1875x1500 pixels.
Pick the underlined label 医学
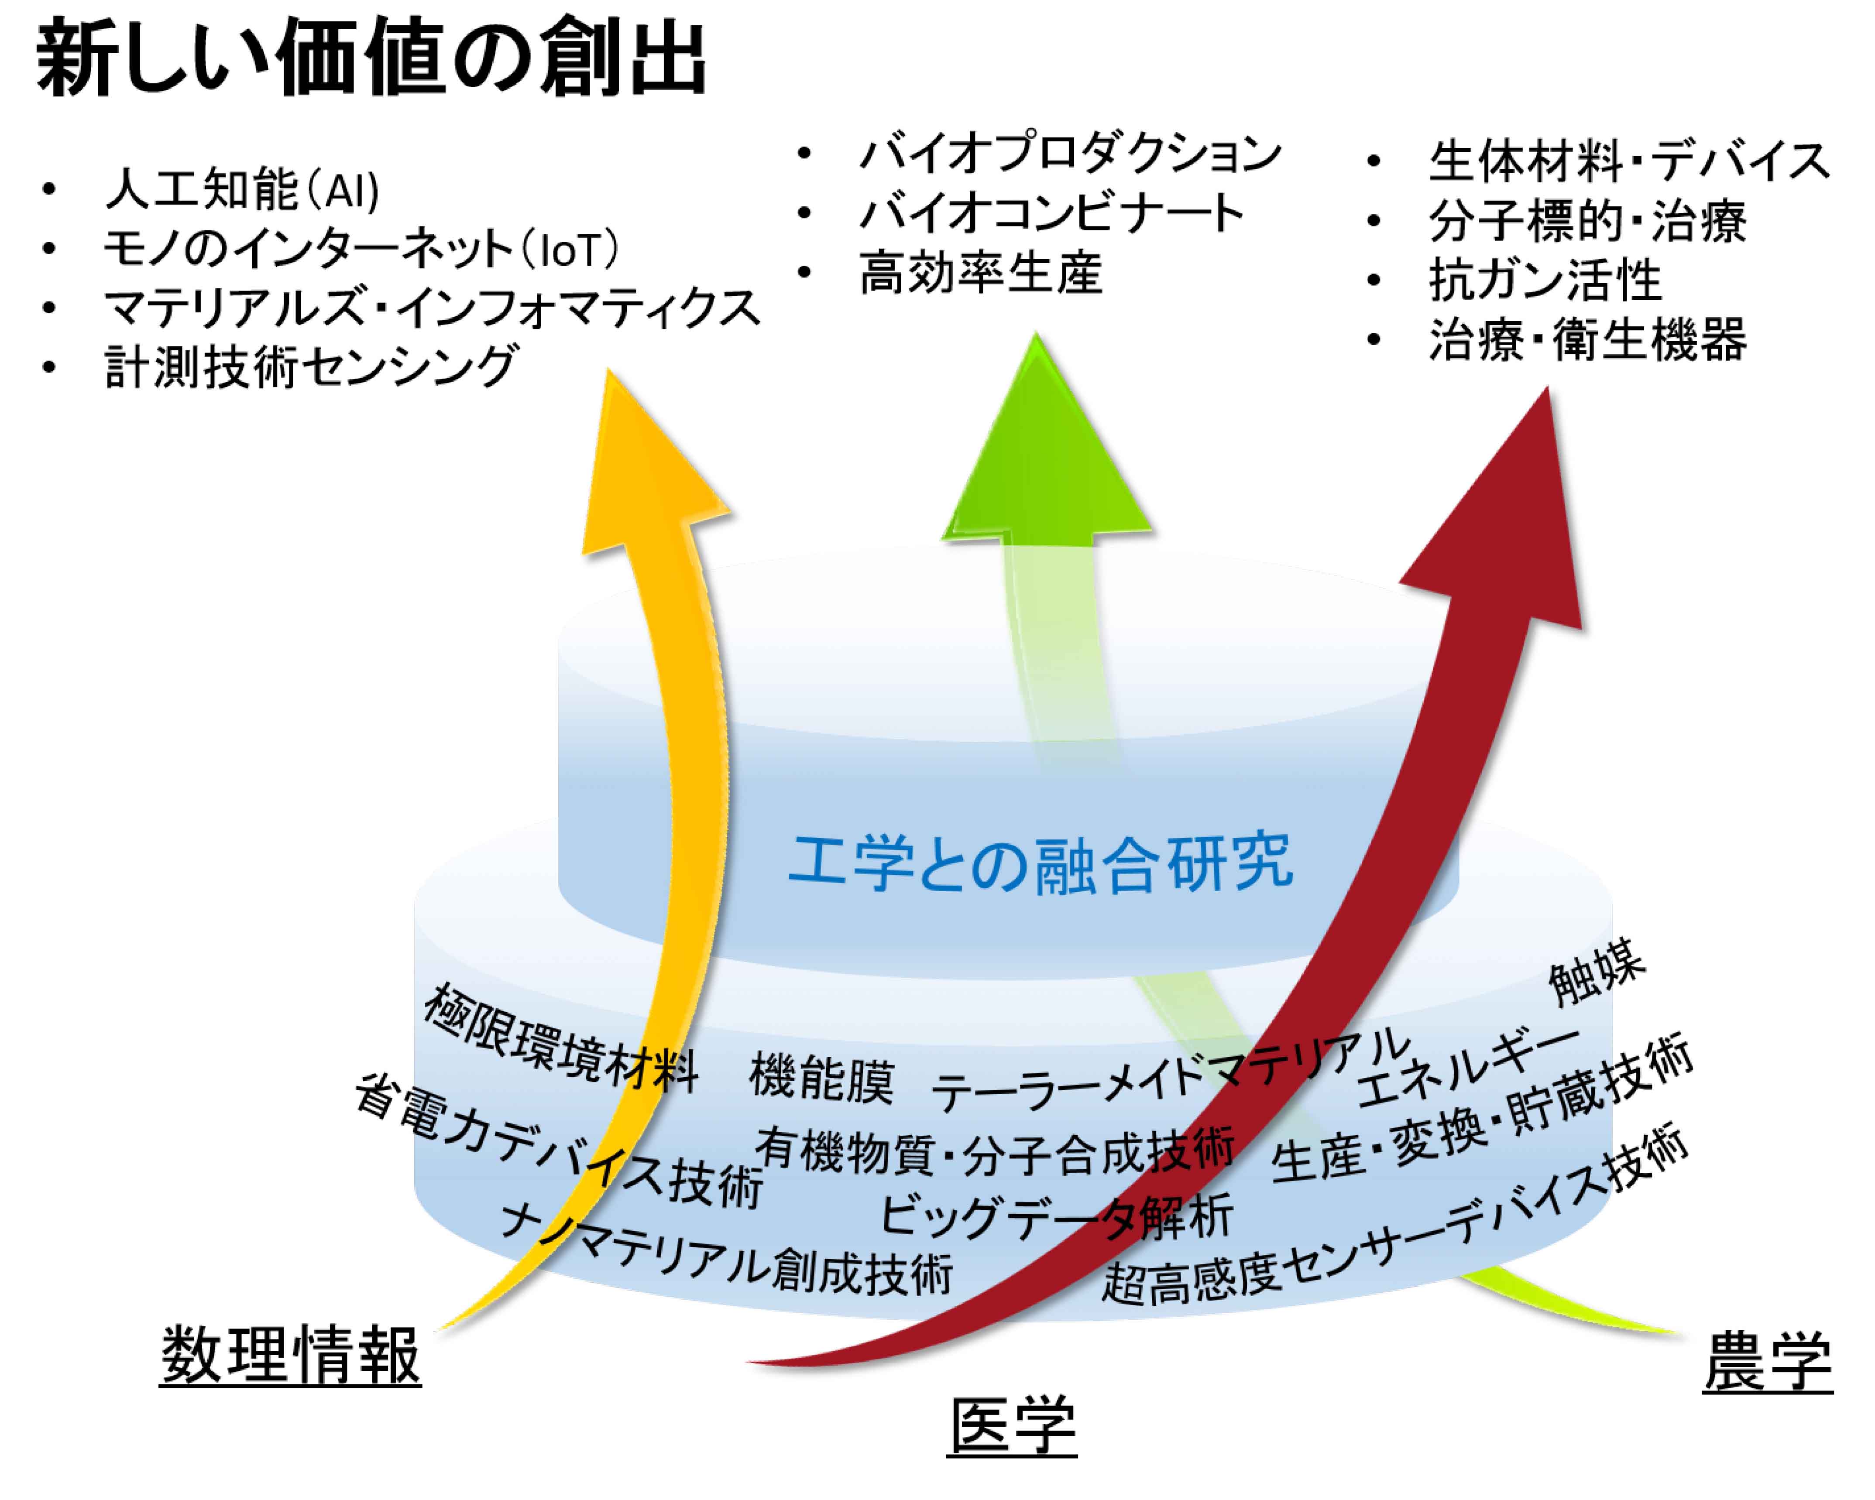[x=1012, y=1426]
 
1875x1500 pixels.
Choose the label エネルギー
[x=1468, y=1065]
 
